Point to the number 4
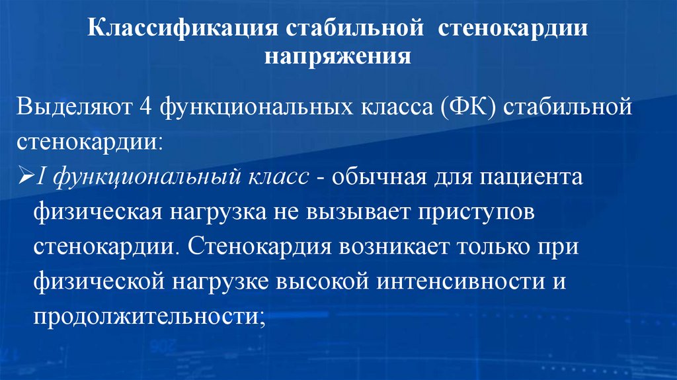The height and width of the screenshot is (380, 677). (145, 107)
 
